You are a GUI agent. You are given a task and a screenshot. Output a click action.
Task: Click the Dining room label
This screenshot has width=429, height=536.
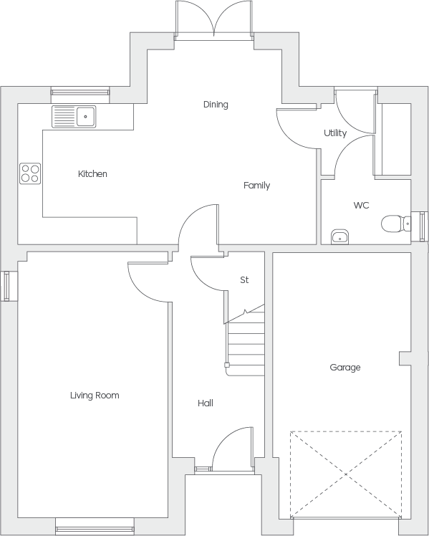coord(216,104)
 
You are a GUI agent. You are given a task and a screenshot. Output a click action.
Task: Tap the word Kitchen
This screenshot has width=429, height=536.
coord(92,173)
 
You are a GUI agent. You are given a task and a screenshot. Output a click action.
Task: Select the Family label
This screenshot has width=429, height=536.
coord(257,186)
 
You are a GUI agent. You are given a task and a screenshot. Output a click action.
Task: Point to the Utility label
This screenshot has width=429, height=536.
coord(335,133)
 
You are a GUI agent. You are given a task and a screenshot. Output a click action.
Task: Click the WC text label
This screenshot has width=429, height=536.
coord(361,205)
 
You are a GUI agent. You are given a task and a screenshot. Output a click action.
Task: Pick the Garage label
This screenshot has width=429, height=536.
coord(345,368)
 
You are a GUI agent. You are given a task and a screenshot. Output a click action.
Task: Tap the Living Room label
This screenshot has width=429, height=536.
coord(95,395)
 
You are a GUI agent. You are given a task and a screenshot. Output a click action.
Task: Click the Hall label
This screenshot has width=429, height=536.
coord(206,403)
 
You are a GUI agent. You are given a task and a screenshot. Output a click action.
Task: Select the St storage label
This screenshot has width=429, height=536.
coord(244,280)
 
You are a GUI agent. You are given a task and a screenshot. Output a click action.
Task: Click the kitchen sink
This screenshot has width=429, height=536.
coord(74,117)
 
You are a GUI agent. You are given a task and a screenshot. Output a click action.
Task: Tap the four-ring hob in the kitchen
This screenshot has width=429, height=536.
coord(30,173)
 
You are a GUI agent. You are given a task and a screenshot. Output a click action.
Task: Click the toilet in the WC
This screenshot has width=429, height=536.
coord(396,224)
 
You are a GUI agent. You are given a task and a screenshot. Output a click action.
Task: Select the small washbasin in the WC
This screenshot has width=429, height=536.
coord(340,236)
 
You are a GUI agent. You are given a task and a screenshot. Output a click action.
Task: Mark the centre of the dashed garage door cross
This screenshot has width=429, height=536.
coord(346,474)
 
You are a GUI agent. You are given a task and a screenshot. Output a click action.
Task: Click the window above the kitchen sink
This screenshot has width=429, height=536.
coord(80,92)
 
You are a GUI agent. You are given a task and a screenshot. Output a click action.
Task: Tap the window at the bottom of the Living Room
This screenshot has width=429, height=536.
coord(95,529)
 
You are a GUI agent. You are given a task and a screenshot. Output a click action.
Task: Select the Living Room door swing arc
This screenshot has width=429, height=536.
coord(140,289)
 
